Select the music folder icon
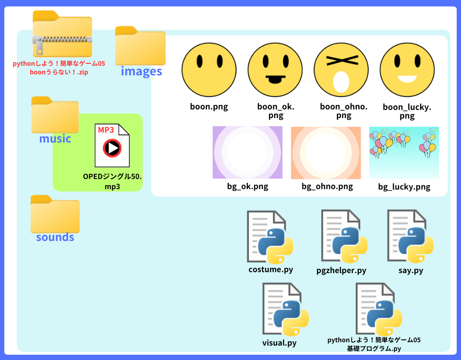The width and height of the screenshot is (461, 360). (x=55, y=115)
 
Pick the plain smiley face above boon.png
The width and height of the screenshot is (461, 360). (x=209, y=70)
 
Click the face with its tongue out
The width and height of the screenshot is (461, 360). (x=275, y=70)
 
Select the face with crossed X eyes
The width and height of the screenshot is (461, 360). (x=341, y=70)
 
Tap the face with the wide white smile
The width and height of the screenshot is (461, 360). (x=407, y=70)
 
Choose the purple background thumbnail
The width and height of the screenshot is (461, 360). (x=247, y=152)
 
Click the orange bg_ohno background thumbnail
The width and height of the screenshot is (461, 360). (x=326, y=152)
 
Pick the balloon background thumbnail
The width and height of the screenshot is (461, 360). (x=404, y=152)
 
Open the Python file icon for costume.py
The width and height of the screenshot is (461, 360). (x=270, y=237)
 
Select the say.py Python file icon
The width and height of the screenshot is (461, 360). (x=411, y=237)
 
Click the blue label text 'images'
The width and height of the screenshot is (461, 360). (x=141, y=72)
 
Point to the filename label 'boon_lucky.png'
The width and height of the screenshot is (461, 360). (x=407, y=111)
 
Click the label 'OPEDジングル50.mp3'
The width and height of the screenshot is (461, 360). (x=112, y=181)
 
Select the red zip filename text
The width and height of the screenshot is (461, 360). (x=59, y=68)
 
